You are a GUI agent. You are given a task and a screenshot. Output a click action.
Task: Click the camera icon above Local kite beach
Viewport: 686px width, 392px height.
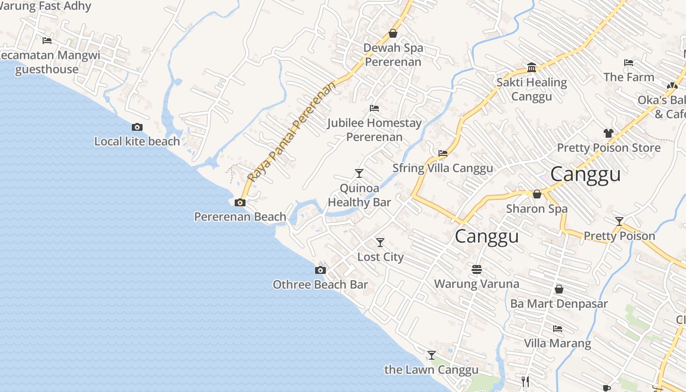click(137, 127)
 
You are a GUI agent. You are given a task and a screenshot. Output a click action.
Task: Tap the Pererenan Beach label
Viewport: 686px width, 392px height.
click(240, 217)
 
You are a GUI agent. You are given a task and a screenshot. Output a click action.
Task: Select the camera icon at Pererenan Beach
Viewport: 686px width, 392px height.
click(240, 202)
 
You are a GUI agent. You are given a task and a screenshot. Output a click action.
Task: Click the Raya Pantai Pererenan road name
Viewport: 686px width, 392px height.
click(293, 132)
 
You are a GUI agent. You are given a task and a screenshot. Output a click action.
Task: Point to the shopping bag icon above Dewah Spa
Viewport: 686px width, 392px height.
click(393, 33)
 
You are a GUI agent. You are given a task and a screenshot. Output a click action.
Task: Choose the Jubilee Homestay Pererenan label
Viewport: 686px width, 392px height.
click(374, 130)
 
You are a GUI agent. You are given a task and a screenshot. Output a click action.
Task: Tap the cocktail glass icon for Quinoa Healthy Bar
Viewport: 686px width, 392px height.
click(359, 173)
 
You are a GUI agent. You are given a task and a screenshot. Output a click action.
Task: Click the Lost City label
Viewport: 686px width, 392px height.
click(380, 257)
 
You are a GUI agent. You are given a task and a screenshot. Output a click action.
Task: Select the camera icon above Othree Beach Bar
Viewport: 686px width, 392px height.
click(320, 270)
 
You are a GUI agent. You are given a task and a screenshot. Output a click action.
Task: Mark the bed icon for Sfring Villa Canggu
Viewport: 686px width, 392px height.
click(443, 153)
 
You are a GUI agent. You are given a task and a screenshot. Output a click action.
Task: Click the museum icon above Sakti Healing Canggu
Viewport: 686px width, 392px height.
click(532, 67)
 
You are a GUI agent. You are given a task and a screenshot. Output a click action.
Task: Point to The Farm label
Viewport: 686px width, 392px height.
click(629, 77)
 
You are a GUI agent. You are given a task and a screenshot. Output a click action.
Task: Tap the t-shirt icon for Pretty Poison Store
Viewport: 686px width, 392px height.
click(609, 133)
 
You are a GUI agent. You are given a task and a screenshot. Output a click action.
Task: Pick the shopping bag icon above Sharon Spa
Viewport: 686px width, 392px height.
click(537, 194)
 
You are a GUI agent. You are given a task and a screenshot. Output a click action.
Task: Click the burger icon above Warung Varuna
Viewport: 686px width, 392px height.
click(477, 269)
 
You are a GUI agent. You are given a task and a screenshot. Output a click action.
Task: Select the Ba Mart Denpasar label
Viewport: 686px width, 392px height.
click(559, 304)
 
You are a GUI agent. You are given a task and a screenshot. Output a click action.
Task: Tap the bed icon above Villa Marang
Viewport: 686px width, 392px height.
click(558, 328)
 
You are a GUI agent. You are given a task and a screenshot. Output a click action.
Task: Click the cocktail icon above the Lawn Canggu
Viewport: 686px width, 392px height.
click(432, 355)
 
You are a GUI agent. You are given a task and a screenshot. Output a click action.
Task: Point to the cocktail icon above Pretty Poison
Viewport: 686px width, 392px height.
click(619, 221)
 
